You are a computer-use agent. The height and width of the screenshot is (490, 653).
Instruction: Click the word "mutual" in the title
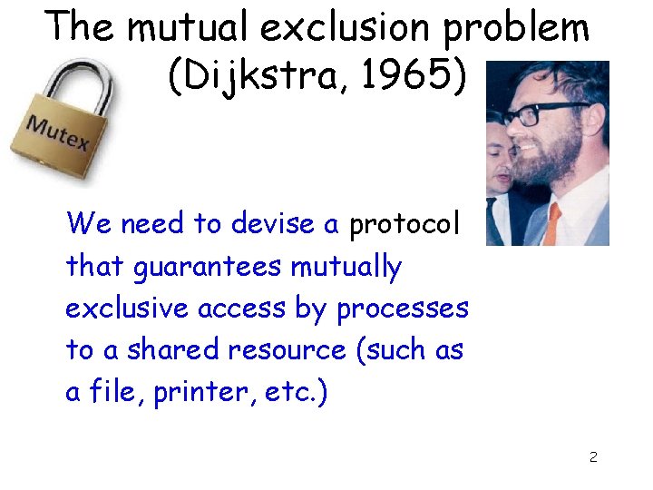[186, 28]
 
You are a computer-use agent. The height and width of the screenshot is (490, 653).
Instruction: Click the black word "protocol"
[404, 223]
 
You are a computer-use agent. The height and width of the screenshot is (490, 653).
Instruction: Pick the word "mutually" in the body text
[346, 267]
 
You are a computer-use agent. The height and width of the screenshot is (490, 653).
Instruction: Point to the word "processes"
[403, 309]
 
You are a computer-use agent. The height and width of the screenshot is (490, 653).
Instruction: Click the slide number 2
[593, 456]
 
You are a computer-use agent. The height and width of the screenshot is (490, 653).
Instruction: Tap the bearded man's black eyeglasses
[536, 115]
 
